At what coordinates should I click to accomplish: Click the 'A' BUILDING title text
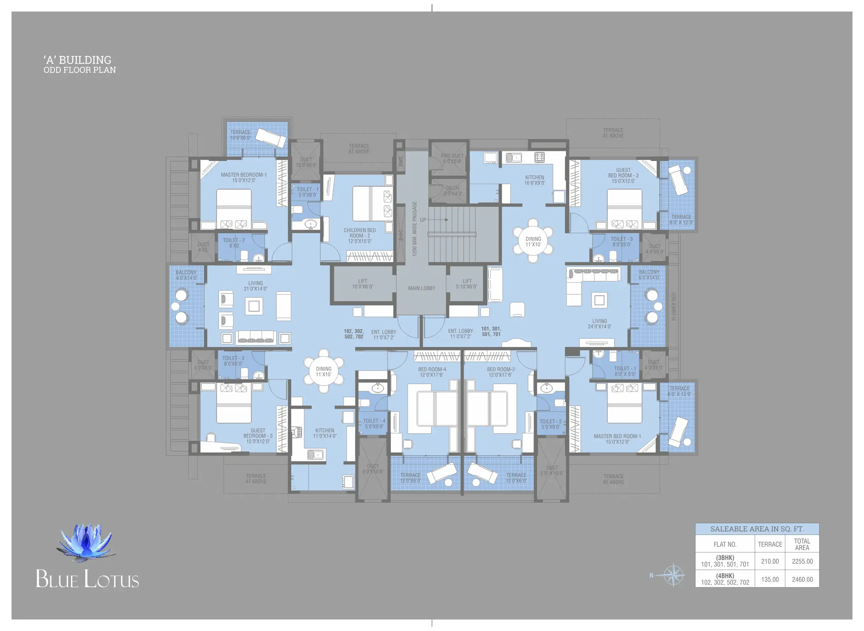coord(78,60)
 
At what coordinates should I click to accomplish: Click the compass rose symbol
coord(673,575)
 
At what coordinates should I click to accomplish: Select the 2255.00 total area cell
coord(802,562)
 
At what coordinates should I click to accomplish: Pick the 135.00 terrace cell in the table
coord(770,579)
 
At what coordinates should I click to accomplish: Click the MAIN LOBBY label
coord(421,288)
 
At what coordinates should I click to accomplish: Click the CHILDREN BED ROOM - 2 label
coord(359,236)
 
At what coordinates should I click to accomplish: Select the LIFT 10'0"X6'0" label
coord(363,284)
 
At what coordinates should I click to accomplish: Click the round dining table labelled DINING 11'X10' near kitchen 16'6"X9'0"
coord(533,241)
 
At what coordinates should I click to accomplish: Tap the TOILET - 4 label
coord(374,424)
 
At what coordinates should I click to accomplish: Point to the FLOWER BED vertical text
coord(674,306)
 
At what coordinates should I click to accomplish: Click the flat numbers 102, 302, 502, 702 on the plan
coord(354,334)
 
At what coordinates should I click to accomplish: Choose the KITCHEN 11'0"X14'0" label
coord(325,433)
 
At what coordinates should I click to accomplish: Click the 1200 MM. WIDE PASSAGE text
coord(415,229)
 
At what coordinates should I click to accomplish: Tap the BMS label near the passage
coord(400,161)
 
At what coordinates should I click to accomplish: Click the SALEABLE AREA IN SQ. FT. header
coord(757,529)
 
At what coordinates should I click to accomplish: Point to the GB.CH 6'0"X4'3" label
coord(453,191)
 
